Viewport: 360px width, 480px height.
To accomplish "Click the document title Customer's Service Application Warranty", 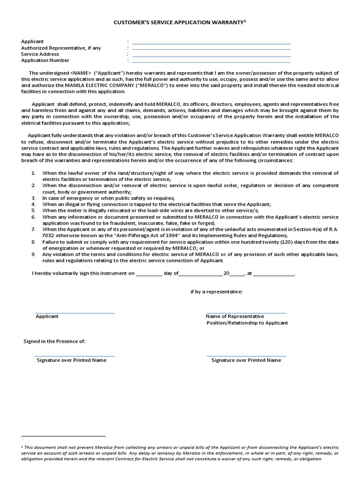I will pyautogui.click(x=180, y=22).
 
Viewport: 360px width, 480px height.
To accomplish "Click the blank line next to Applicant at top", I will pyautogui.click(x=211, y=44).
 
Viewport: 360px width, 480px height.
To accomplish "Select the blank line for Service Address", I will pyautogui.click(x=211, y=56).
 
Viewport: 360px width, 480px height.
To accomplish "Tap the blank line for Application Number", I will pyautogui.click(x=211, y=62).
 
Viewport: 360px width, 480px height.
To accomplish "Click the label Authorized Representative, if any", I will pyautogui.click(x=61, y=48).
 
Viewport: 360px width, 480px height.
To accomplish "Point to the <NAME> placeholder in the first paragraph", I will pyautogui.click(x=80, y=73).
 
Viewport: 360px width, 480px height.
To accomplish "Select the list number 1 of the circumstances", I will pyautogui.click(x=33, y=173).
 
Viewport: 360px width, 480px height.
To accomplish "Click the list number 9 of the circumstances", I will pyautogui.click(x=33, y=255).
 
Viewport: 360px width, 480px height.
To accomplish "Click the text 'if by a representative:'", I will pyautogui.click(x=216, y=292).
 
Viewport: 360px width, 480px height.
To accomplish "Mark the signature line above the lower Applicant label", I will pyautogui.click(x=75, y=313).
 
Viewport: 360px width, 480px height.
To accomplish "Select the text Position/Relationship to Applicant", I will pyautogui.click(x=247, y=323).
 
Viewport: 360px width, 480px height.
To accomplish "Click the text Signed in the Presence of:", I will pyautogui.click(x=55, y=341).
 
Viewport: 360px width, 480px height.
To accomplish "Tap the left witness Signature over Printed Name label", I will pyautogui.click(x=72, y=360).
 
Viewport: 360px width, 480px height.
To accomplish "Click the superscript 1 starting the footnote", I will pyautogui.click(x=22, y=447).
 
